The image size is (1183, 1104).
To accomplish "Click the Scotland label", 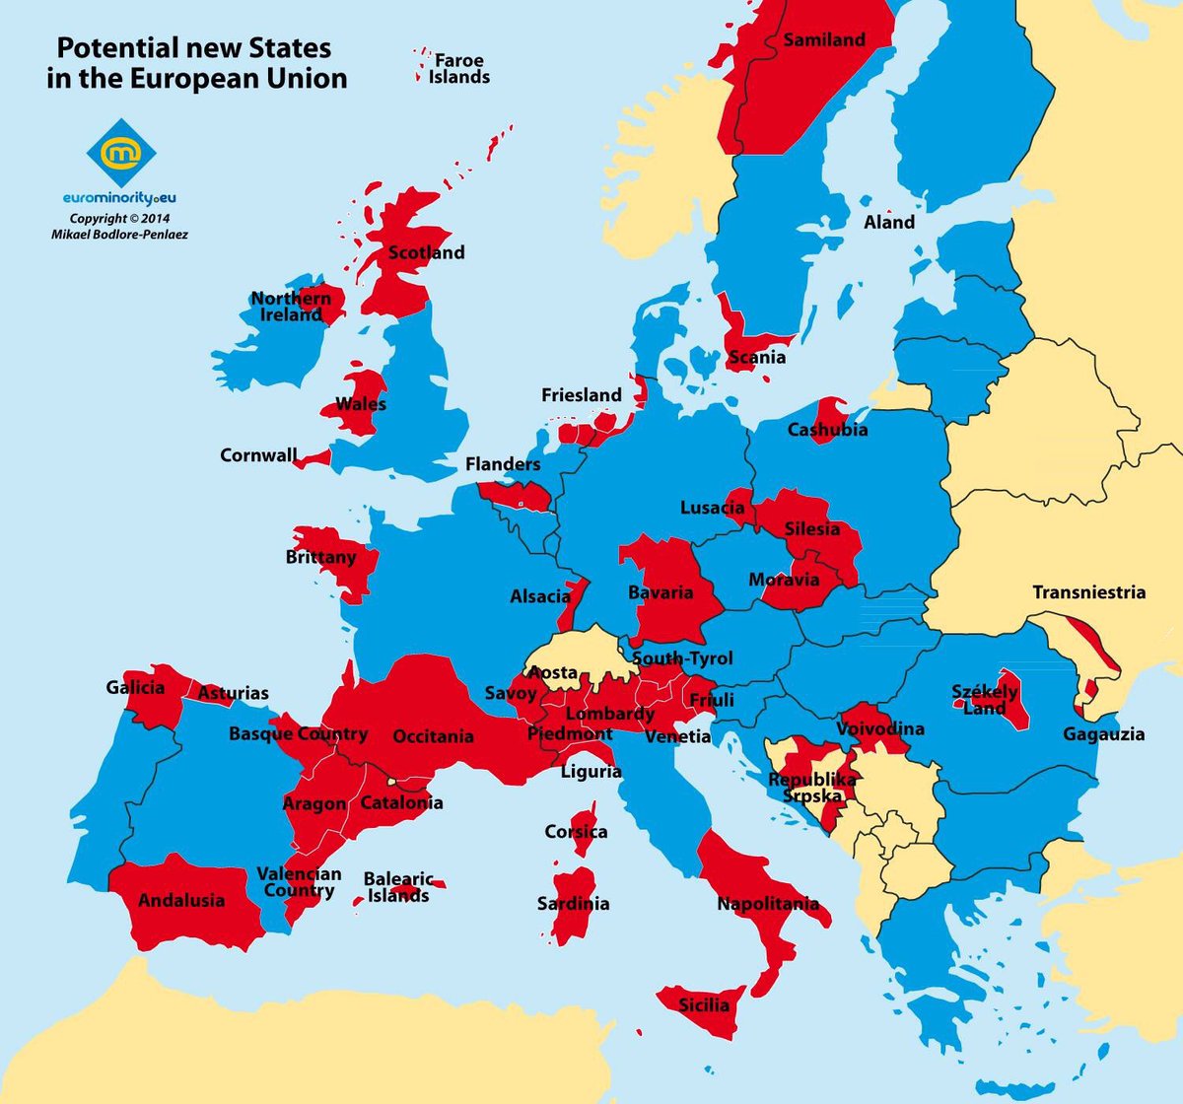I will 426,253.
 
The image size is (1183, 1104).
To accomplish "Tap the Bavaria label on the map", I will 661,593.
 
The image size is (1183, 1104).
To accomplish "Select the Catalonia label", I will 401,802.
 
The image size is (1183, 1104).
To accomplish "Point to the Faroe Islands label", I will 459,69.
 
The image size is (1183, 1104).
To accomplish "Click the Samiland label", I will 824,40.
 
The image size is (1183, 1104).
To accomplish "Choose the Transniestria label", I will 1088,592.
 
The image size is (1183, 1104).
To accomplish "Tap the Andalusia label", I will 181,900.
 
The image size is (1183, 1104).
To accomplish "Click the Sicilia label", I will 704,1005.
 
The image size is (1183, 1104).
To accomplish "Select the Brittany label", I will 320,558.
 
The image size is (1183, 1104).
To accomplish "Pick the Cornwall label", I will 258,455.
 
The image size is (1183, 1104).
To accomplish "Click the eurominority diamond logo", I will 121,154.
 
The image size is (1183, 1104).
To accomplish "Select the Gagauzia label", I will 1103,734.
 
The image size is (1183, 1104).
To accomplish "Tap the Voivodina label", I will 880,729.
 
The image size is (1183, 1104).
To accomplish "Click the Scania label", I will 756,358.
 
